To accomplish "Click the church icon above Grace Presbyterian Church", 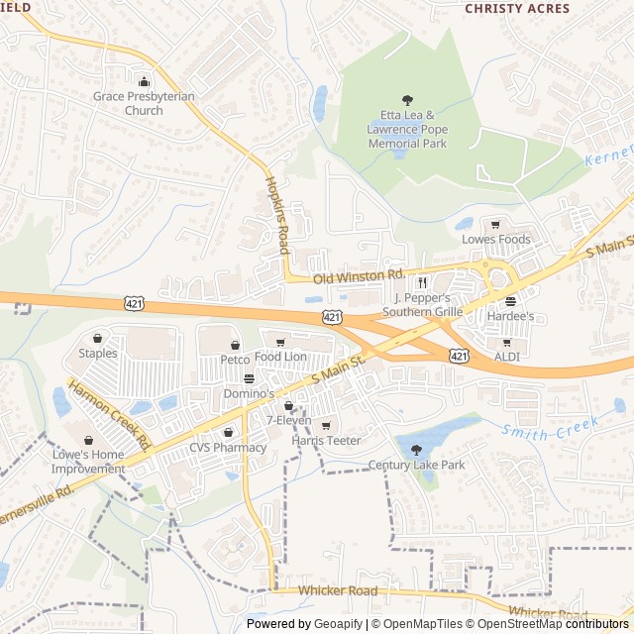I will click(x=144, y=81).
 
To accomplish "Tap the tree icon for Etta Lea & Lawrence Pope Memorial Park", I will click(x=407, y=99).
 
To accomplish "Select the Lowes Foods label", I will click(x=496, y=239).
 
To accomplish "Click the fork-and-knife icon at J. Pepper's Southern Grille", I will click(x=422, y=281).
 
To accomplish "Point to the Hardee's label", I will click(x=510, y=316).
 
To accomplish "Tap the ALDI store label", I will click(x=506, y=356).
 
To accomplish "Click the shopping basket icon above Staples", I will click(x=98, y=338).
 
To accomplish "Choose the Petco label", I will click(x=235, y=360).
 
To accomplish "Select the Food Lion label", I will click(x=280, y=356).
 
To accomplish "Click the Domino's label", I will click(x=249, y=393).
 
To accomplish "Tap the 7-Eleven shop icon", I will click(x=288, y=405).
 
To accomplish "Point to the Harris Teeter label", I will click(x=326, y=440).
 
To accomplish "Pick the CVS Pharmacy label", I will click(x=228, y=447).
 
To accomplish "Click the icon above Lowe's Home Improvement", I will click(x=88, y=441).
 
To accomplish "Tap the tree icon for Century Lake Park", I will click(x=415, y=450).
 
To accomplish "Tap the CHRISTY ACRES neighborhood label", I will click(x=517, y=8).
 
